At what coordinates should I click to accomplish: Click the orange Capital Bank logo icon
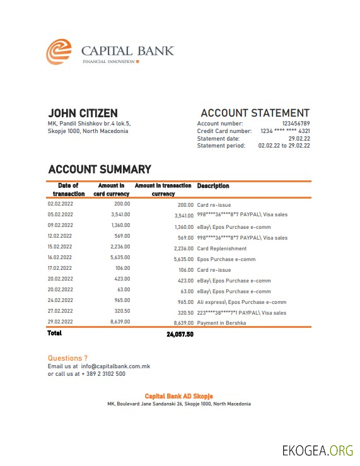tap(59, 52)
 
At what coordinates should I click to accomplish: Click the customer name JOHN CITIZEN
tap(83, 113)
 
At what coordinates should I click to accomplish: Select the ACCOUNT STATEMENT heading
tap(255, 113)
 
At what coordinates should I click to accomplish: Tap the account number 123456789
tap(296, 124)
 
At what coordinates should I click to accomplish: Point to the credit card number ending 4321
tap(285, 131)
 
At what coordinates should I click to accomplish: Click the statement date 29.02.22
tap(299, 138)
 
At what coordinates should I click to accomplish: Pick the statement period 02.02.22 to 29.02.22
tap(284, 146)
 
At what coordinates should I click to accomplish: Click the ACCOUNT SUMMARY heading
tap(100, 169)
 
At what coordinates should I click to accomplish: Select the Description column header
tap(213, 186)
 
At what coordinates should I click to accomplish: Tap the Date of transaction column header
tap(68, 190)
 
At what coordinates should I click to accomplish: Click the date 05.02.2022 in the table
tap(61, 214)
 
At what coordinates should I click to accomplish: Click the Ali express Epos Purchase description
tap(241, 302)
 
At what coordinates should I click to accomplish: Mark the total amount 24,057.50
tap(180, 334)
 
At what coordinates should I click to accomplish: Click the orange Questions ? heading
tap(67, 358)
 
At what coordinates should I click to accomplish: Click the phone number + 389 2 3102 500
tap(102, 373)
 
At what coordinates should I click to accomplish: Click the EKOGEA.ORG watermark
tap(317, 450)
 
